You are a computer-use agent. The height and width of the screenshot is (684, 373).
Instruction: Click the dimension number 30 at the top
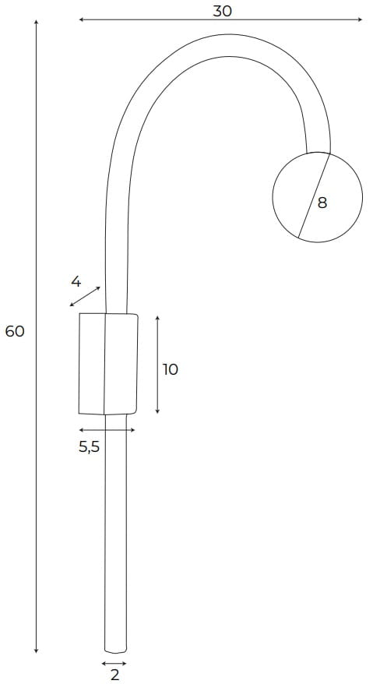tap(222, 12)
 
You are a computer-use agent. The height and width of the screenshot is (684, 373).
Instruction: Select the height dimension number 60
tap(15, 332)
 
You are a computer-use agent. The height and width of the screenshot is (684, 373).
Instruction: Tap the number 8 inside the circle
tap(322, 203)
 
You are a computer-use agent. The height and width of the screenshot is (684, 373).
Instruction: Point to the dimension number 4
tap(76, 282)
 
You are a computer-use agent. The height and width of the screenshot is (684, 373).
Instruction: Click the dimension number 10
tap(170, 369)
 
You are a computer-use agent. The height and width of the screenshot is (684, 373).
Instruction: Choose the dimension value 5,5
tap(90, 446)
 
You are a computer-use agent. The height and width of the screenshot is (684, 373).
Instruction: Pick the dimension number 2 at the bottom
tap(114, 675)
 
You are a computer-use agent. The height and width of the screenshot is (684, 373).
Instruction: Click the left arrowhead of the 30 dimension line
tap(82, 19)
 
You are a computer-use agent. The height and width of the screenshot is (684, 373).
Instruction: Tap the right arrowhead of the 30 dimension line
tap(360, 19)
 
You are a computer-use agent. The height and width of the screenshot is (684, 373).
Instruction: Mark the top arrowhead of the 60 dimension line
tap(36, 23)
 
